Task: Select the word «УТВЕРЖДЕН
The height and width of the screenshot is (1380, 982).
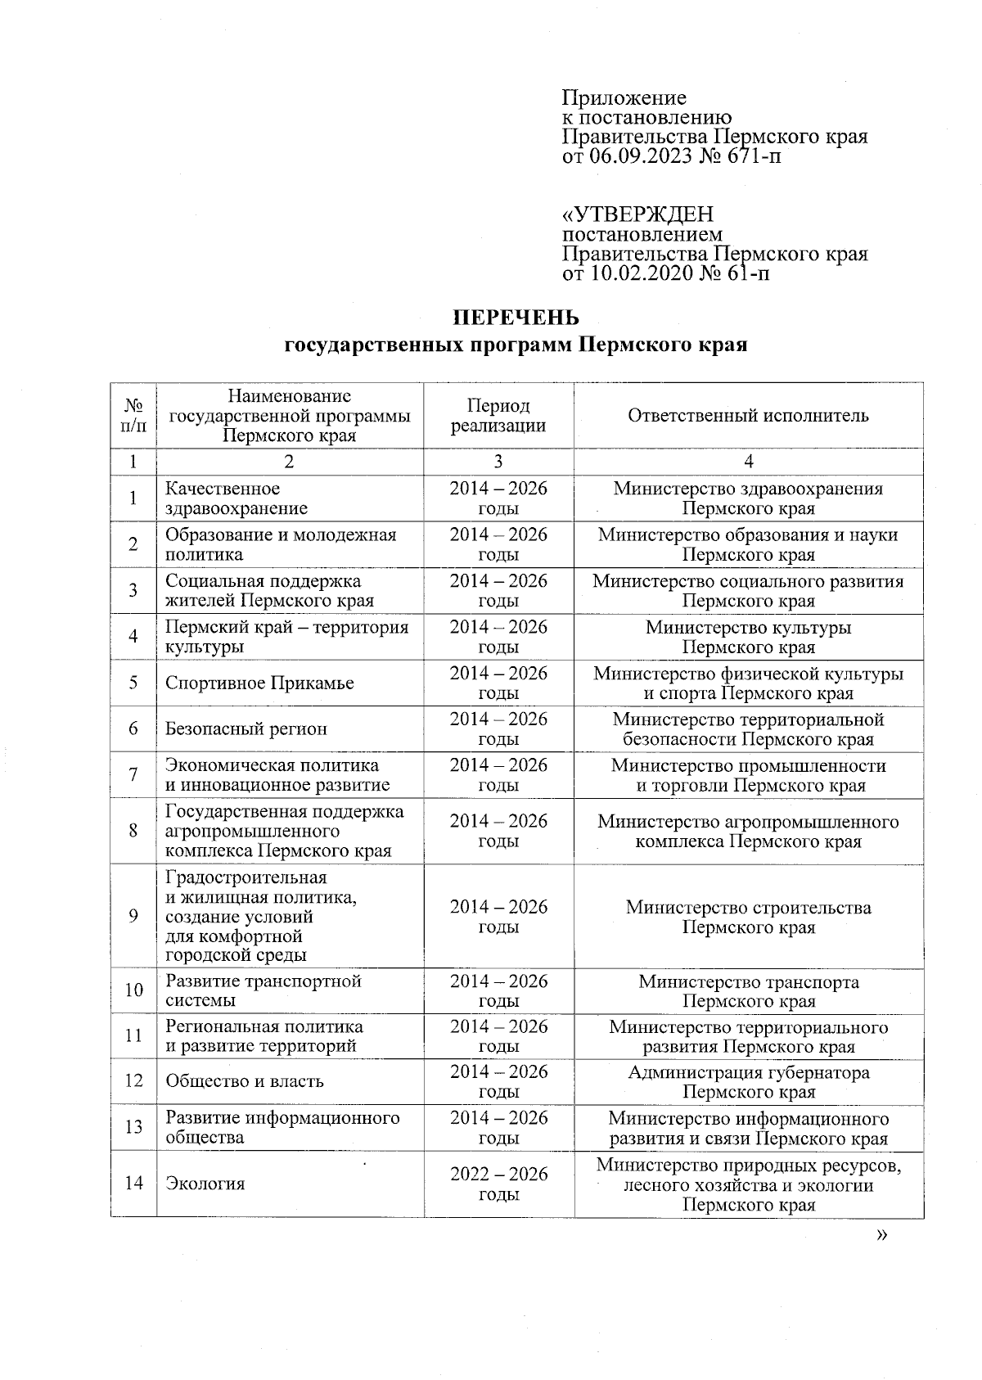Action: (x=637, y=214)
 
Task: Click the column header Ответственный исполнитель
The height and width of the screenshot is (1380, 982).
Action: (x=748, y=415)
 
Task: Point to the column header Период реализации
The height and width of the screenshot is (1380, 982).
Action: (x=498, y=415)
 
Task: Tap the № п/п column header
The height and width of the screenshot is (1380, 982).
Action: (x=133, y=415)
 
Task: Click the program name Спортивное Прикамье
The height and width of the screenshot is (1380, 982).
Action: (x=259, y=683)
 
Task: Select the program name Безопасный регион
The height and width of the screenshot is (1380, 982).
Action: (x=245, y=728)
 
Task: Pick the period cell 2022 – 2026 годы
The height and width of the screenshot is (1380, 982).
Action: (x=498, y=1184)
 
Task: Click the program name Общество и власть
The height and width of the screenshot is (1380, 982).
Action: (x=245, y=1081)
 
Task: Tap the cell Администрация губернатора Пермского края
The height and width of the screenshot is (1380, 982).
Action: (x=748, y=1081)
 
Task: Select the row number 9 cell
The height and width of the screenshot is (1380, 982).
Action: (x=133, y=917)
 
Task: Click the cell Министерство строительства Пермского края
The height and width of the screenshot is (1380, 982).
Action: (x=748, y=917)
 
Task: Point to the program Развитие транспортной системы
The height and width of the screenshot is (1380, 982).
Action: (x=263, y=990)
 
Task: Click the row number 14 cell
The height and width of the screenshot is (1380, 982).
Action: (x=133, y=1184)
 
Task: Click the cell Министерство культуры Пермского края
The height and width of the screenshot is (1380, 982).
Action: (x=748, y=637)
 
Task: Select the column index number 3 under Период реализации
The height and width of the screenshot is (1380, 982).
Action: (x=498, y=462)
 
